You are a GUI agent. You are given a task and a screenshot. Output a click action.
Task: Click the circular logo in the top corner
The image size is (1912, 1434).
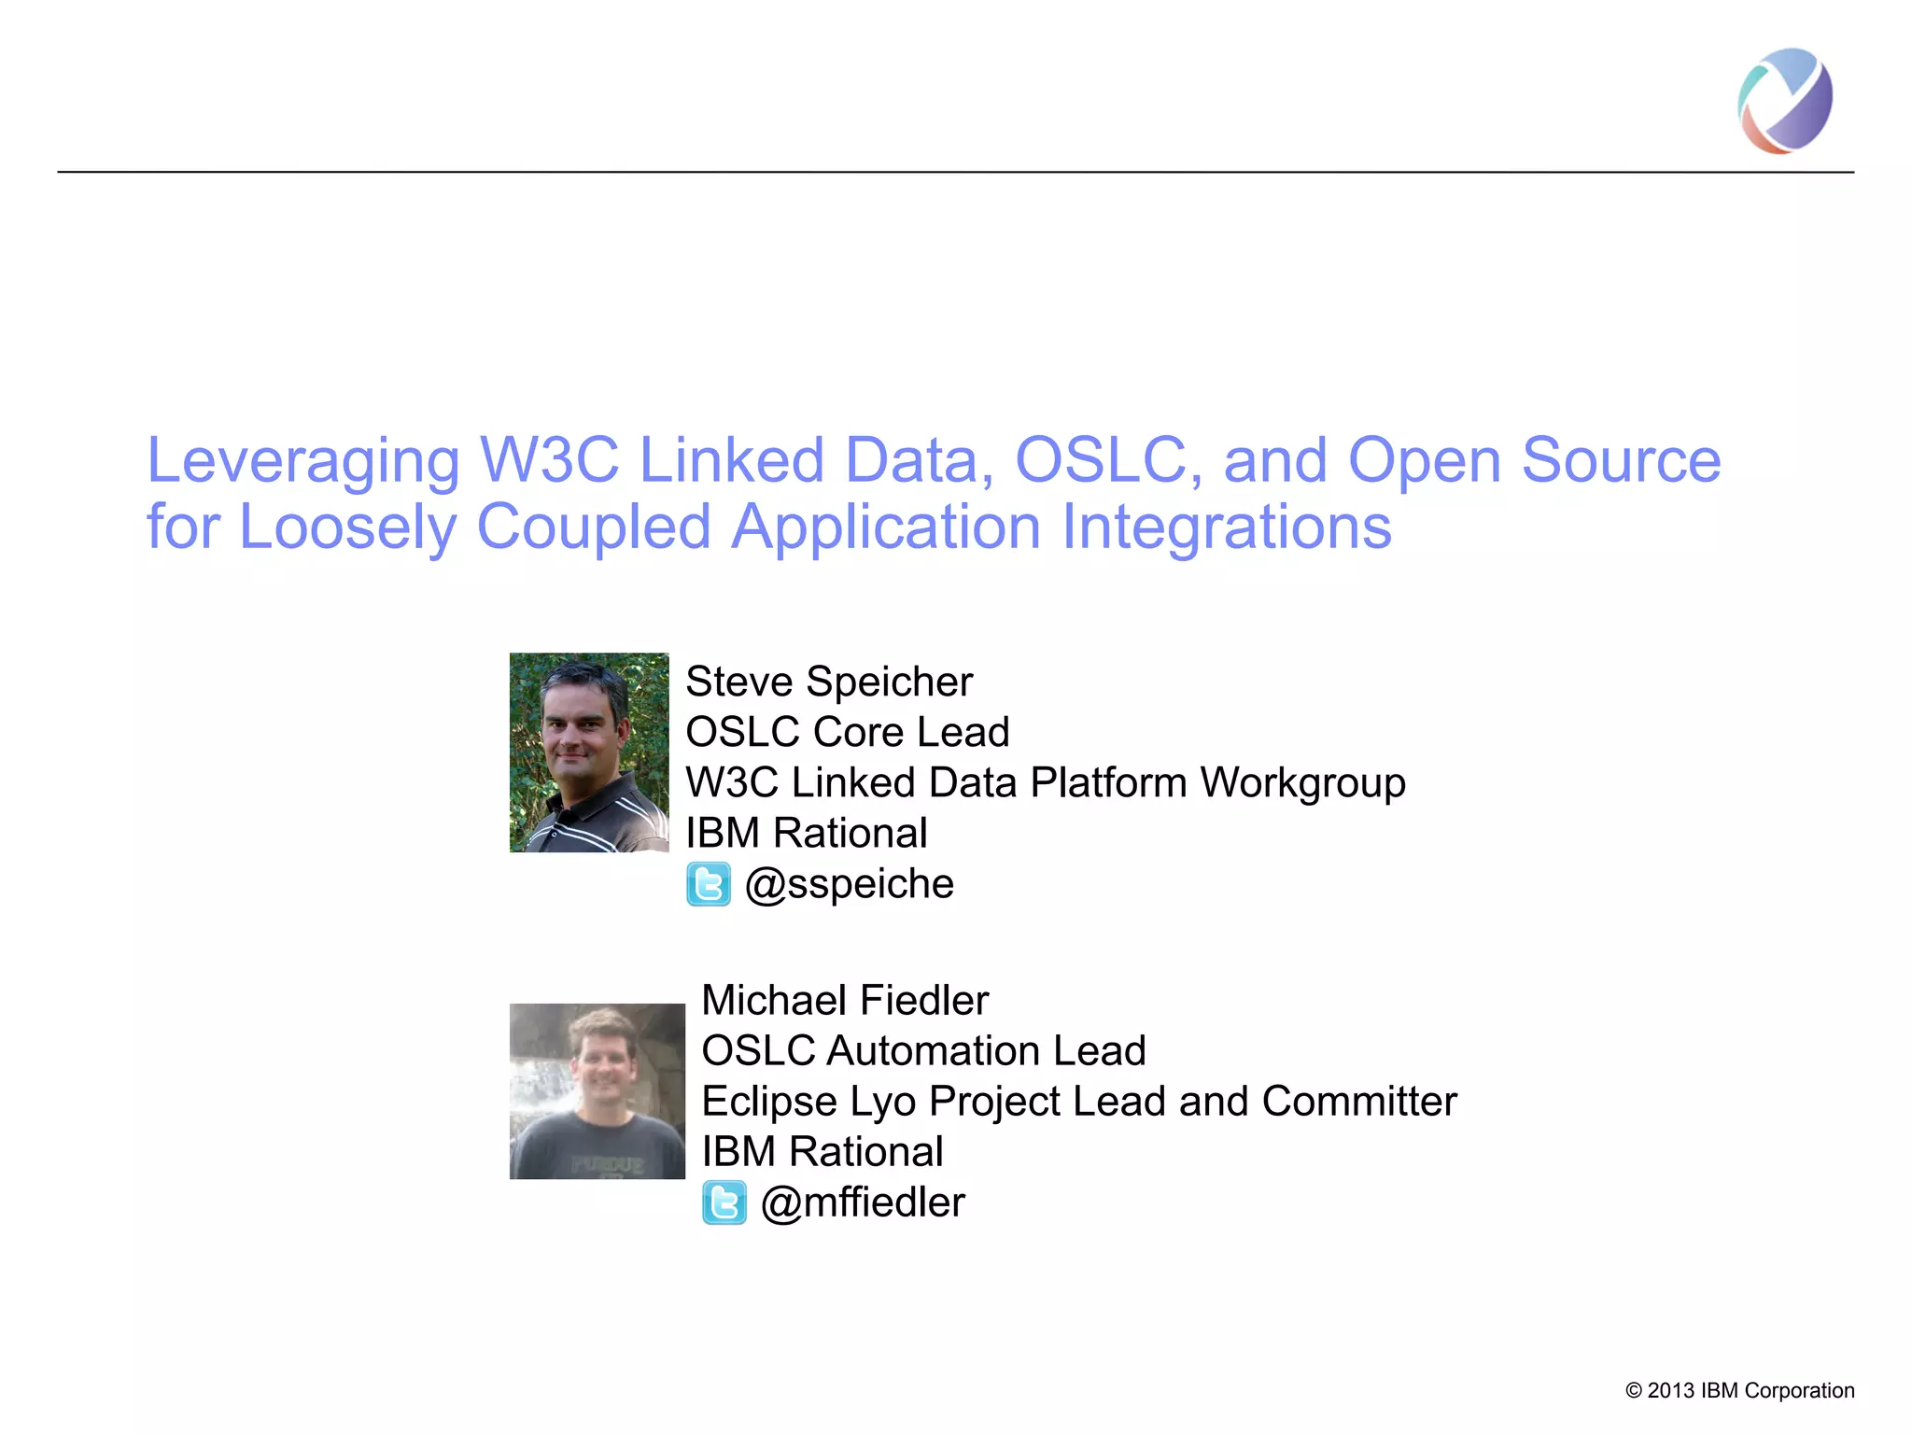tap(1784, 101)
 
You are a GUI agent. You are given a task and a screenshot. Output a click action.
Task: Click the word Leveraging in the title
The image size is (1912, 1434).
tap(303, 460)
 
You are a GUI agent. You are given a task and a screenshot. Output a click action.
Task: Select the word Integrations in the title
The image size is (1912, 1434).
tap(1227, 527)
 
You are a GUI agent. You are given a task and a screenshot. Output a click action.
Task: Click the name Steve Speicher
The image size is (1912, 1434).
tap(828, 682)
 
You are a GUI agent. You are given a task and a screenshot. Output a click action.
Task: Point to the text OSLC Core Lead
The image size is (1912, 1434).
tap(847, 732)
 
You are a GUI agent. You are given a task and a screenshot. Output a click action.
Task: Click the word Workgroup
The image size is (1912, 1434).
tap(1302, 782)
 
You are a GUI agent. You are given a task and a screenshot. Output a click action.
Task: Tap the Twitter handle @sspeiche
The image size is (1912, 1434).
tap(849, 883)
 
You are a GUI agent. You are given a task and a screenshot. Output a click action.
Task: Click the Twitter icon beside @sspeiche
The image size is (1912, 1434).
tap(709, 884)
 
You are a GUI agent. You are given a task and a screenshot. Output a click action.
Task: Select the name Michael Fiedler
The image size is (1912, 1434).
tap(844, 1000)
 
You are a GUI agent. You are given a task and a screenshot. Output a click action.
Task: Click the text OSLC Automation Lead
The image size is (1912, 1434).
tap(922, 1050)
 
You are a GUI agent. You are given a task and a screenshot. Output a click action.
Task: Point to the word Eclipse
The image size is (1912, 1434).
tap(768, 1102)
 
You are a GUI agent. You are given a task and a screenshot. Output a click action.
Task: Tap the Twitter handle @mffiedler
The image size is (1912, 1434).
tap(862, 1202)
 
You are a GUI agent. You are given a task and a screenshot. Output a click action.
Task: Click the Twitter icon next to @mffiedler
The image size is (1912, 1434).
tap(724, 1202)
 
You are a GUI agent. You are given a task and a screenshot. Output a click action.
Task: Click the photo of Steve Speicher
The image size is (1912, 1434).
tap(589, 752)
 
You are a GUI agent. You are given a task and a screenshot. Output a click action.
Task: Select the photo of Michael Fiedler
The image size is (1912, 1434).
tap(597, 1090)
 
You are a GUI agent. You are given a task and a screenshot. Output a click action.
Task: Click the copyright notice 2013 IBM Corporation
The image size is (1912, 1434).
tap(1739, 1390)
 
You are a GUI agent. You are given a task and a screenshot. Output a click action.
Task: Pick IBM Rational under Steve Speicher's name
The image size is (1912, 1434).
tap(806, 833)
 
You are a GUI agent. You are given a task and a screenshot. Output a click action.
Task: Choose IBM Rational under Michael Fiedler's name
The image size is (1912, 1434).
tap(822, 1151)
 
